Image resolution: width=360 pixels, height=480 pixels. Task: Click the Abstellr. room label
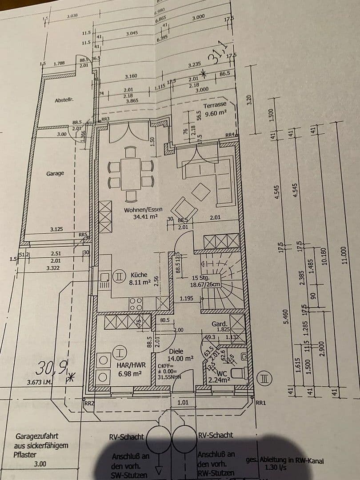click(x=64, y=100)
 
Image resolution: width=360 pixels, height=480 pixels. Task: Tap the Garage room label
click(x=55, y=173)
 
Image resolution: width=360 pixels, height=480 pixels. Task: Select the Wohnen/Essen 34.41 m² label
click(x=144, y=213)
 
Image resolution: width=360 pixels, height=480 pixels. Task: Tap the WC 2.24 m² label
click(x=219, y=376)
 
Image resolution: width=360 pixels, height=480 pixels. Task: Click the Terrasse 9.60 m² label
click(x=215, y=109)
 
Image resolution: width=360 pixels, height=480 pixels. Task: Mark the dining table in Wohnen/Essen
click(x=131, y=174)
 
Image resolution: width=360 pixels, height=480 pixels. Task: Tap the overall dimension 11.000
click(x=343, y=255)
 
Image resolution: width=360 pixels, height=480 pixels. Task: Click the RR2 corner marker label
click(x=88, y=403)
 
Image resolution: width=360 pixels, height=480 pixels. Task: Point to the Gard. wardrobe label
click(x=220, y=324)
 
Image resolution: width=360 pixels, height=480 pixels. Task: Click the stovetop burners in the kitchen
click(x=136, y=304)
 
